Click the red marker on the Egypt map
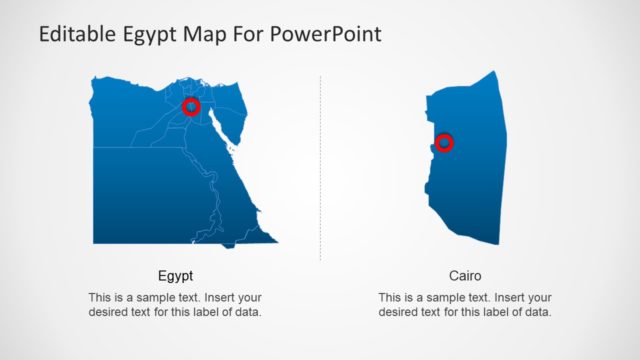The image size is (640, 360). [x=192, y=107]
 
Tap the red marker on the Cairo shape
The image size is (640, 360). [x=445, y=143]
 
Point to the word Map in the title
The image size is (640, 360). [x=206, y=35]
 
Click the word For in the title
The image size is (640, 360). [x=248, y=35]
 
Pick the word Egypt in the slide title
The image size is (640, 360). [x=152, y=35]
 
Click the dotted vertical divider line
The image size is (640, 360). [x=320, y=170]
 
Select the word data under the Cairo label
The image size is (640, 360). [x=536, y=313]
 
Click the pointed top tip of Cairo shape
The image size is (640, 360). [x=494, y=72]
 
